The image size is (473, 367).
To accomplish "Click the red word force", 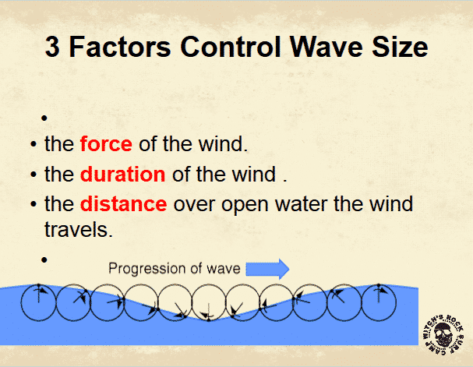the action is [106, 144].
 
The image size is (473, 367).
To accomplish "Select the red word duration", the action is [123, 174].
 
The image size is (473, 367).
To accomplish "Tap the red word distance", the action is [123, 204].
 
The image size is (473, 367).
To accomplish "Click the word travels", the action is [79, 230].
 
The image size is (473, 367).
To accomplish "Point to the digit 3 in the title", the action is [52, 47].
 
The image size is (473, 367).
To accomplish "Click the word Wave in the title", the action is [326, 47].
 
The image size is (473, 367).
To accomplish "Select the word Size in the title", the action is [400, 47].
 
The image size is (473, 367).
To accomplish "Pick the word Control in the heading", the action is [231, 47].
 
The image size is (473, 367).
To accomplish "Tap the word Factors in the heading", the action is [120, 47].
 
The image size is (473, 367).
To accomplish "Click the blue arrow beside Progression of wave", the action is [267, 269].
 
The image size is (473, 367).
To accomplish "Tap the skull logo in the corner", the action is [443, 334].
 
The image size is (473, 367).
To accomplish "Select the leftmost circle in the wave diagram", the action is [21, 302].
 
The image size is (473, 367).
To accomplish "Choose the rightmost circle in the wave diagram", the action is [397, 302].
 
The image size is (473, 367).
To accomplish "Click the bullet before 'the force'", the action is [34, 144].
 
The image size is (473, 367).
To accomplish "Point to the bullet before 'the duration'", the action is [34, 175].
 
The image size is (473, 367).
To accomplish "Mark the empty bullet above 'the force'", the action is [44, 118].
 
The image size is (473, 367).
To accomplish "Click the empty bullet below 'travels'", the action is [44, 259].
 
